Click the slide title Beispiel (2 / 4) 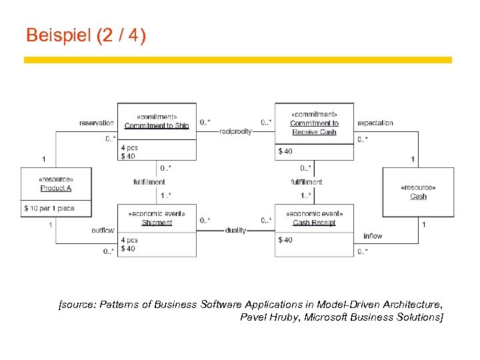click(x=85, y=35)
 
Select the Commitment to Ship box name click(x=157, y=125)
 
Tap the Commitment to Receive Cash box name click(x=314, y=127)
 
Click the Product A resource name click(x=56, y=188)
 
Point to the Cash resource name click(x=418, y=197)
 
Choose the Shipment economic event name click(x=157, y=223)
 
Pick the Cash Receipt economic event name click(x=314, y=223)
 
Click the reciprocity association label click(x=235, y=131)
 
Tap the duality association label click(x=235, y=231)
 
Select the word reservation click(x=97, y=123)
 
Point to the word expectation click(x=375, y=123)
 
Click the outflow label click(x=103, y=231)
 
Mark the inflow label click(x=373, y=236)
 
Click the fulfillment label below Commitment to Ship click(x=149, y=181)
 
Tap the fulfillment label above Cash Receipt click(x=306, y=181)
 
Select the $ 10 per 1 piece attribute click(x=49, y=209)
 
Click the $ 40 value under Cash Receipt click(x=285, y=240)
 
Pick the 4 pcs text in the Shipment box click(x=129, y=240)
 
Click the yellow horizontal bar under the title click(x=238, y=60)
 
